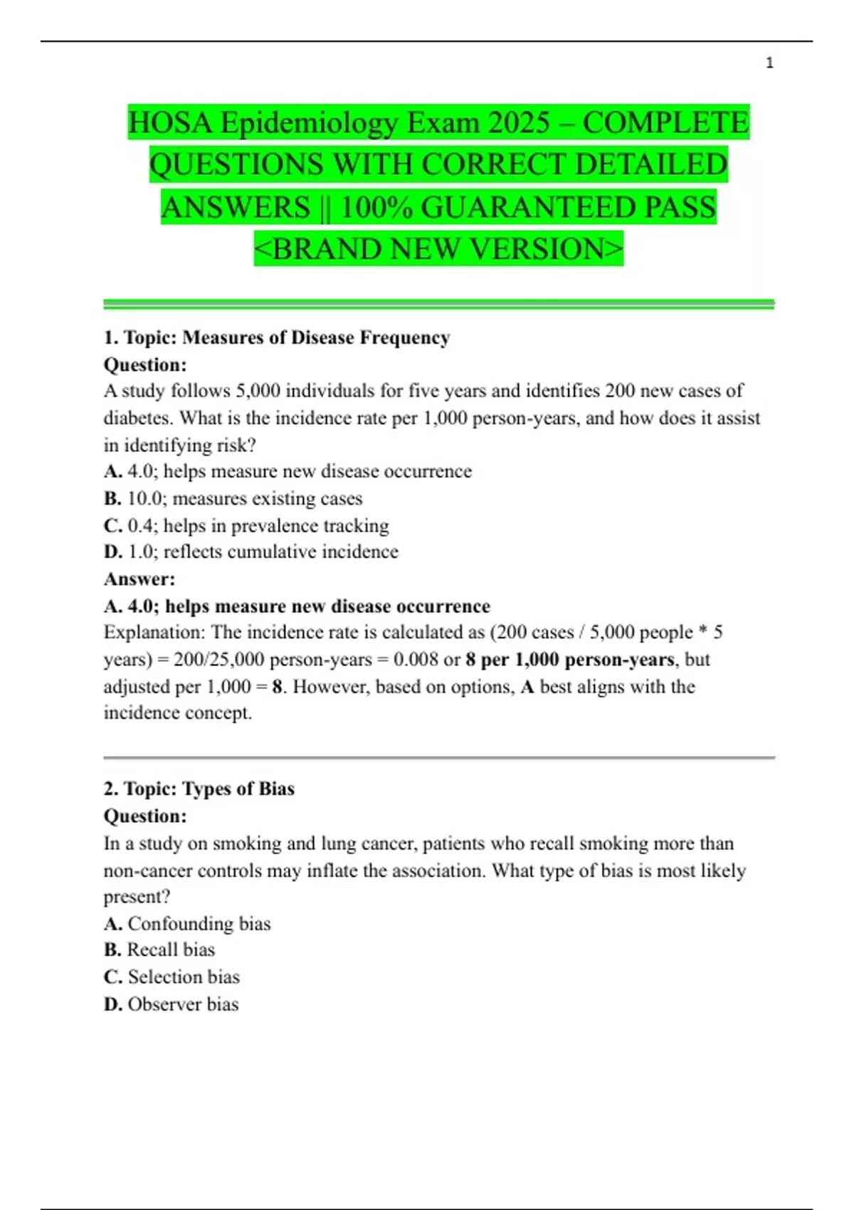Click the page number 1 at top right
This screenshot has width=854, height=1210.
769,63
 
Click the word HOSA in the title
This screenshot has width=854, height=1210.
171,123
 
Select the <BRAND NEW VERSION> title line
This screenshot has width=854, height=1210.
438,249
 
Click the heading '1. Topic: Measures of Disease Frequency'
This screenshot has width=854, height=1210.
277,337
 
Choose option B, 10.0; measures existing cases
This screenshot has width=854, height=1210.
233,498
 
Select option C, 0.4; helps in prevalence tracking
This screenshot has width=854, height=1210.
246,525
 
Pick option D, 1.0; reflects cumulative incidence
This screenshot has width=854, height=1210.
251,552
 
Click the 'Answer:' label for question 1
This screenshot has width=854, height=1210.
139,579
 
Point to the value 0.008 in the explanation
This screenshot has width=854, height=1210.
416,659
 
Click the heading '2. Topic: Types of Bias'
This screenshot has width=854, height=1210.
199,789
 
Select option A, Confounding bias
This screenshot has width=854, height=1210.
187,923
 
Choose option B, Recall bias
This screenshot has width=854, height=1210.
159,949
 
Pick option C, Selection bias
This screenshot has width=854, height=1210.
172,977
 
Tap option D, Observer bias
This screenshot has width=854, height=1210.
171,1004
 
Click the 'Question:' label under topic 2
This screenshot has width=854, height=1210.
145,816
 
